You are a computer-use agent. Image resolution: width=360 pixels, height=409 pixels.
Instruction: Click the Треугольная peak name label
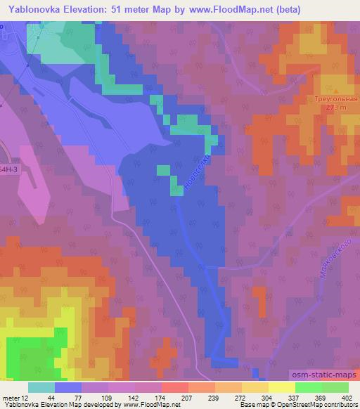click(335, 100)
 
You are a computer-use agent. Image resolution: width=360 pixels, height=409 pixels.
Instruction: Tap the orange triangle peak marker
click(335, 91)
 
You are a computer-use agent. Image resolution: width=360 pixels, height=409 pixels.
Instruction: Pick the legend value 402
click(348, 397)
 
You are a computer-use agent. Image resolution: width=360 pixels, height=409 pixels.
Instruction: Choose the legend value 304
click(235, 397)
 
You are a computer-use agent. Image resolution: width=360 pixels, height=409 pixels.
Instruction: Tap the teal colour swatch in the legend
click(43, 387)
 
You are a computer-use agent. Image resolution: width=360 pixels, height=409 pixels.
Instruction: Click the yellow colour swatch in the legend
click(281, 387)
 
